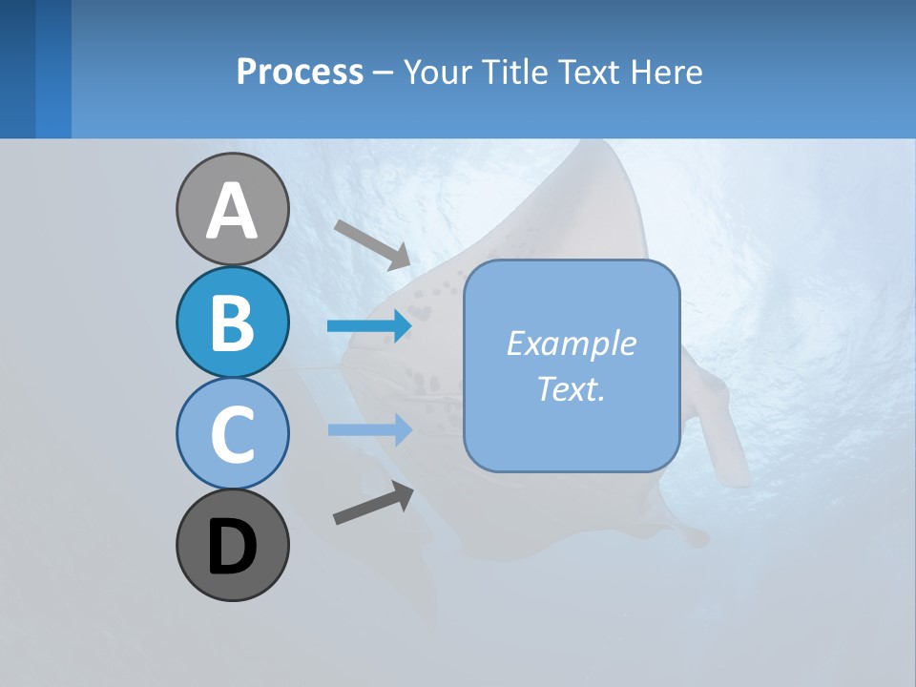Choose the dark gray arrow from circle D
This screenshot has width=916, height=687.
pyautogui.click(x=373, y=504)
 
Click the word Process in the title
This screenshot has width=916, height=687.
pyautogui.click(x=300, y=72)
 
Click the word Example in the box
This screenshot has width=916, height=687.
pyautogui.click(x=571, y=343)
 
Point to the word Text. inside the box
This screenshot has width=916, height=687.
pyautogui.click(x=571, y=388)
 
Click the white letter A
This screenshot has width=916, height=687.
pyautogui.click(x=232, y=212)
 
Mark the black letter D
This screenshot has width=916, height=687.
pyautogui.click(x=232, y=548)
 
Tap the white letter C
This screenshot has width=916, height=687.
pyautogui.click(x=232, y=435)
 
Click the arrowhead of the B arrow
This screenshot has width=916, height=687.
pyautogui.click(x=401, y=326)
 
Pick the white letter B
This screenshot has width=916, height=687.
pyautogui.click(x=232, y=323)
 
